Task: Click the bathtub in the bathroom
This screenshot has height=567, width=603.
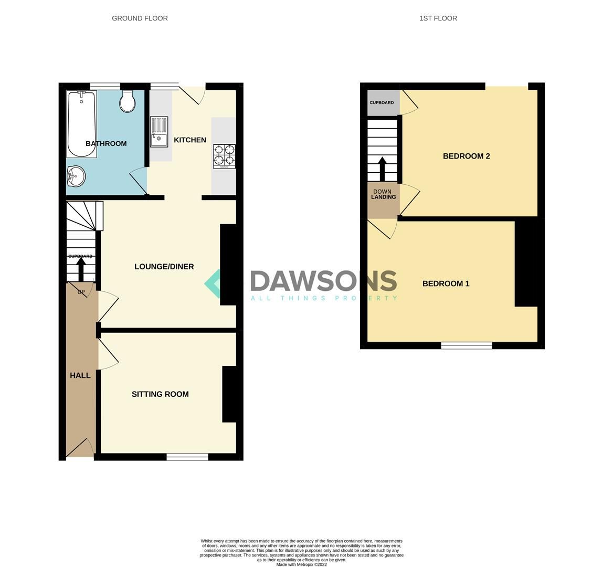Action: click(81, 124)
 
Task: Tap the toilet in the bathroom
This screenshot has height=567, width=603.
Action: click(128, 101)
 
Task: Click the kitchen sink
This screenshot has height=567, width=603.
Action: click(159, 132)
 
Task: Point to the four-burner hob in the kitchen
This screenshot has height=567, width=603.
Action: click(224, 156)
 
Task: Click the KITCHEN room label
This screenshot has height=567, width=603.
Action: click(190, 140)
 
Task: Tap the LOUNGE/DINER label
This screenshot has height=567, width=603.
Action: click(164, 267)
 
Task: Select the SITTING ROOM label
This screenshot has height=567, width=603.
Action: click(160, 394)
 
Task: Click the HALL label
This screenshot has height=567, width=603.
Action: click(80, 375)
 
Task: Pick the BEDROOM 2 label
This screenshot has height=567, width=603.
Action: click(466, 156)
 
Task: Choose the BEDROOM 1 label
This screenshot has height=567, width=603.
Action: click(446, 283)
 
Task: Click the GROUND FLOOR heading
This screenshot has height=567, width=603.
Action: click(140, 18)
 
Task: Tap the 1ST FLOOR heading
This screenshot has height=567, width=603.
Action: click(438, 18)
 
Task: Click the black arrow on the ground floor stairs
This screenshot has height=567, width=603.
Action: click(81, 269)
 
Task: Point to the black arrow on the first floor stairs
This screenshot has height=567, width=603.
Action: click(382, 168)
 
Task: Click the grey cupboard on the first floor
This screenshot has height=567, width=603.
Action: click(382, 103)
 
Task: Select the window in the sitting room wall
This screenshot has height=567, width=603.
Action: click(187, 457)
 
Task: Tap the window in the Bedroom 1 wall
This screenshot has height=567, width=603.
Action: click(466, 345)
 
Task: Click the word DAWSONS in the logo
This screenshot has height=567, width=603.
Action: click(323, 281)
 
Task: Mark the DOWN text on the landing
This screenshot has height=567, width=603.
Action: click(383, 192)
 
